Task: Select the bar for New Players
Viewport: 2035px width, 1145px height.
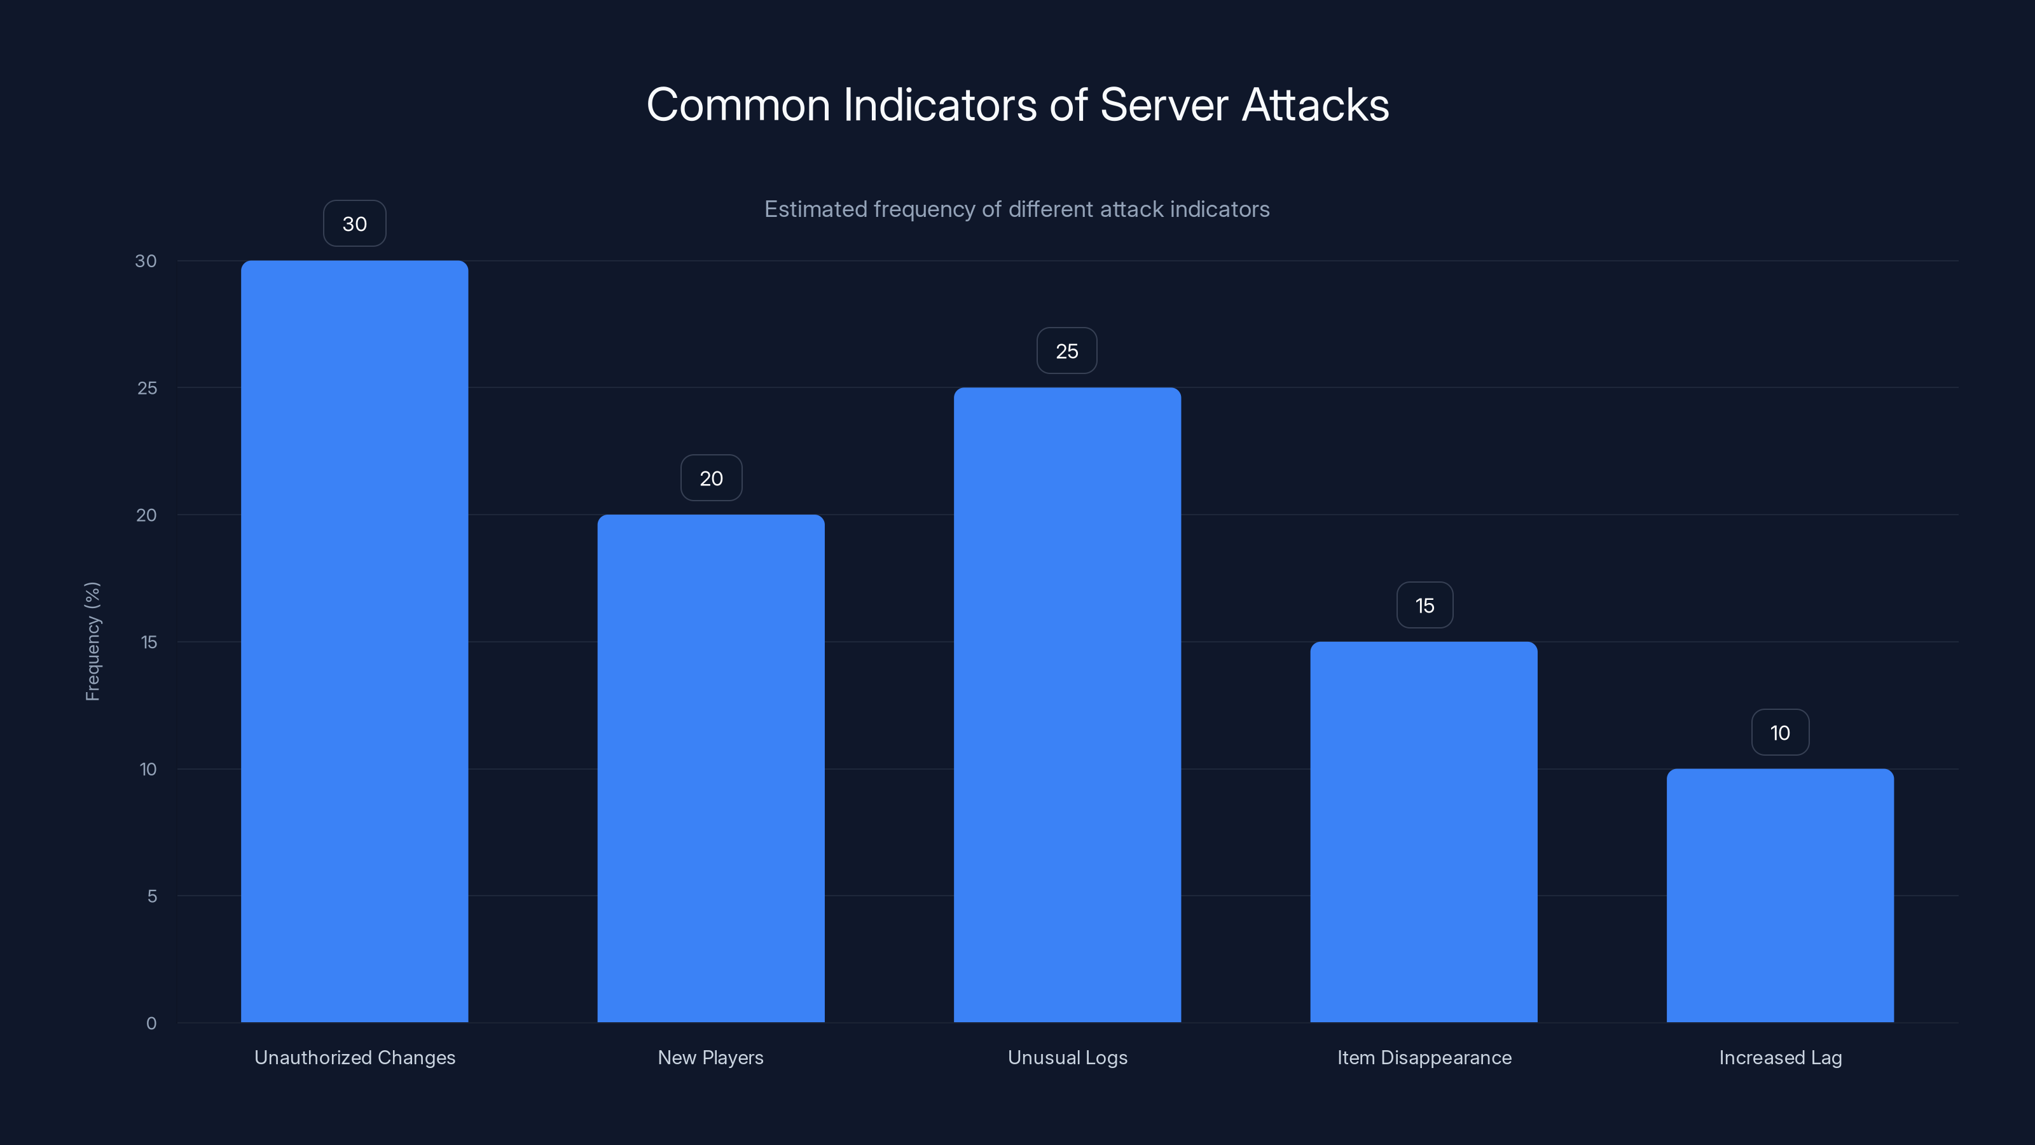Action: (710, 768)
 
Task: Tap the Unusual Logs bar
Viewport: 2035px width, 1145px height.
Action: (1066, 704)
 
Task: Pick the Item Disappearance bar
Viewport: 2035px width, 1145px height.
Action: (1424, 831)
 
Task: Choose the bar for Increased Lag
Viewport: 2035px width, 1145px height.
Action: (1780, 895)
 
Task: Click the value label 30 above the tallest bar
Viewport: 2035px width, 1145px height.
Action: (355, 224)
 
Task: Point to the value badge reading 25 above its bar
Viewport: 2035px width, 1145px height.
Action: (1066, 351)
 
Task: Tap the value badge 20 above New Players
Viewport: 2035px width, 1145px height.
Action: (711, 478)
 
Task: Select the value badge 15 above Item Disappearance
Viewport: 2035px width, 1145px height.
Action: (1424, 606)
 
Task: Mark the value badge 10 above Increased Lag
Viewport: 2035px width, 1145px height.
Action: (1780, 733)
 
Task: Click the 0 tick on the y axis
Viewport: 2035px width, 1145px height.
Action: (151, 1024)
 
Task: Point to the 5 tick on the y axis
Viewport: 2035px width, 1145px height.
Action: (152, 896)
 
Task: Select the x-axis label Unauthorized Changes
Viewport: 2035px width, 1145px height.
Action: (355, 1057)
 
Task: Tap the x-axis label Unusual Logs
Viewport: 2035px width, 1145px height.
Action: (1067, 1057)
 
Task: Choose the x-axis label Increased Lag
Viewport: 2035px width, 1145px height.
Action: (1780, 1057)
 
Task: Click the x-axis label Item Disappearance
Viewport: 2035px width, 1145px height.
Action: (1424, 1057)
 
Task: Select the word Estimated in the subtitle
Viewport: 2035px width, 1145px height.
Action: (815, 209)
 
